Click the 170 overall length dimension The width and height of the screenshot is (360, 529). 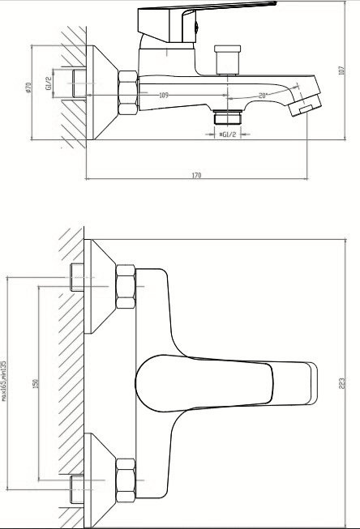(x=197, y=175)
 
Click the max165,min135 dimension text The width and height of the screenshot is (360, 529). (x=5, y=380)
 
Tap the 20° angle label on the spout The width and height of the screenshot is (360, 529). (x=264, y=94)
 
